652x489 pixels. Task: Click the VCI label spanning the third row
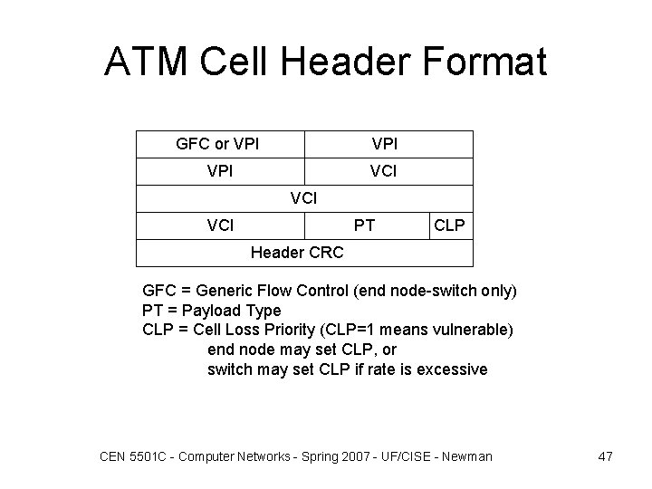pyautogui.click(x=304, y=197)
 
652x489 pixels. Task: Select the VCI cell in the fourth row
pyautogui.click(x=220, y=225)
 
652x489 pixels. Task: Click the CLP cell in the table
pyautogui.click(x=450, y=225)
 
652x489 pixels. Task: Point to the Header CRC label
pyautogui.click(x=296, y=253)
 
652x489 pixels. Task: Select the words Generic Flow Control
pyautogui.click(x=278, y=292)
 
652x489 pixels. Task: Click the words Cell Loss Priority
pyautogui.click(x=273, y=331)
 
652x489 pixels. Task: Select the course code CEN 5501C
pyautogui.click(x=130, y=456)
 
